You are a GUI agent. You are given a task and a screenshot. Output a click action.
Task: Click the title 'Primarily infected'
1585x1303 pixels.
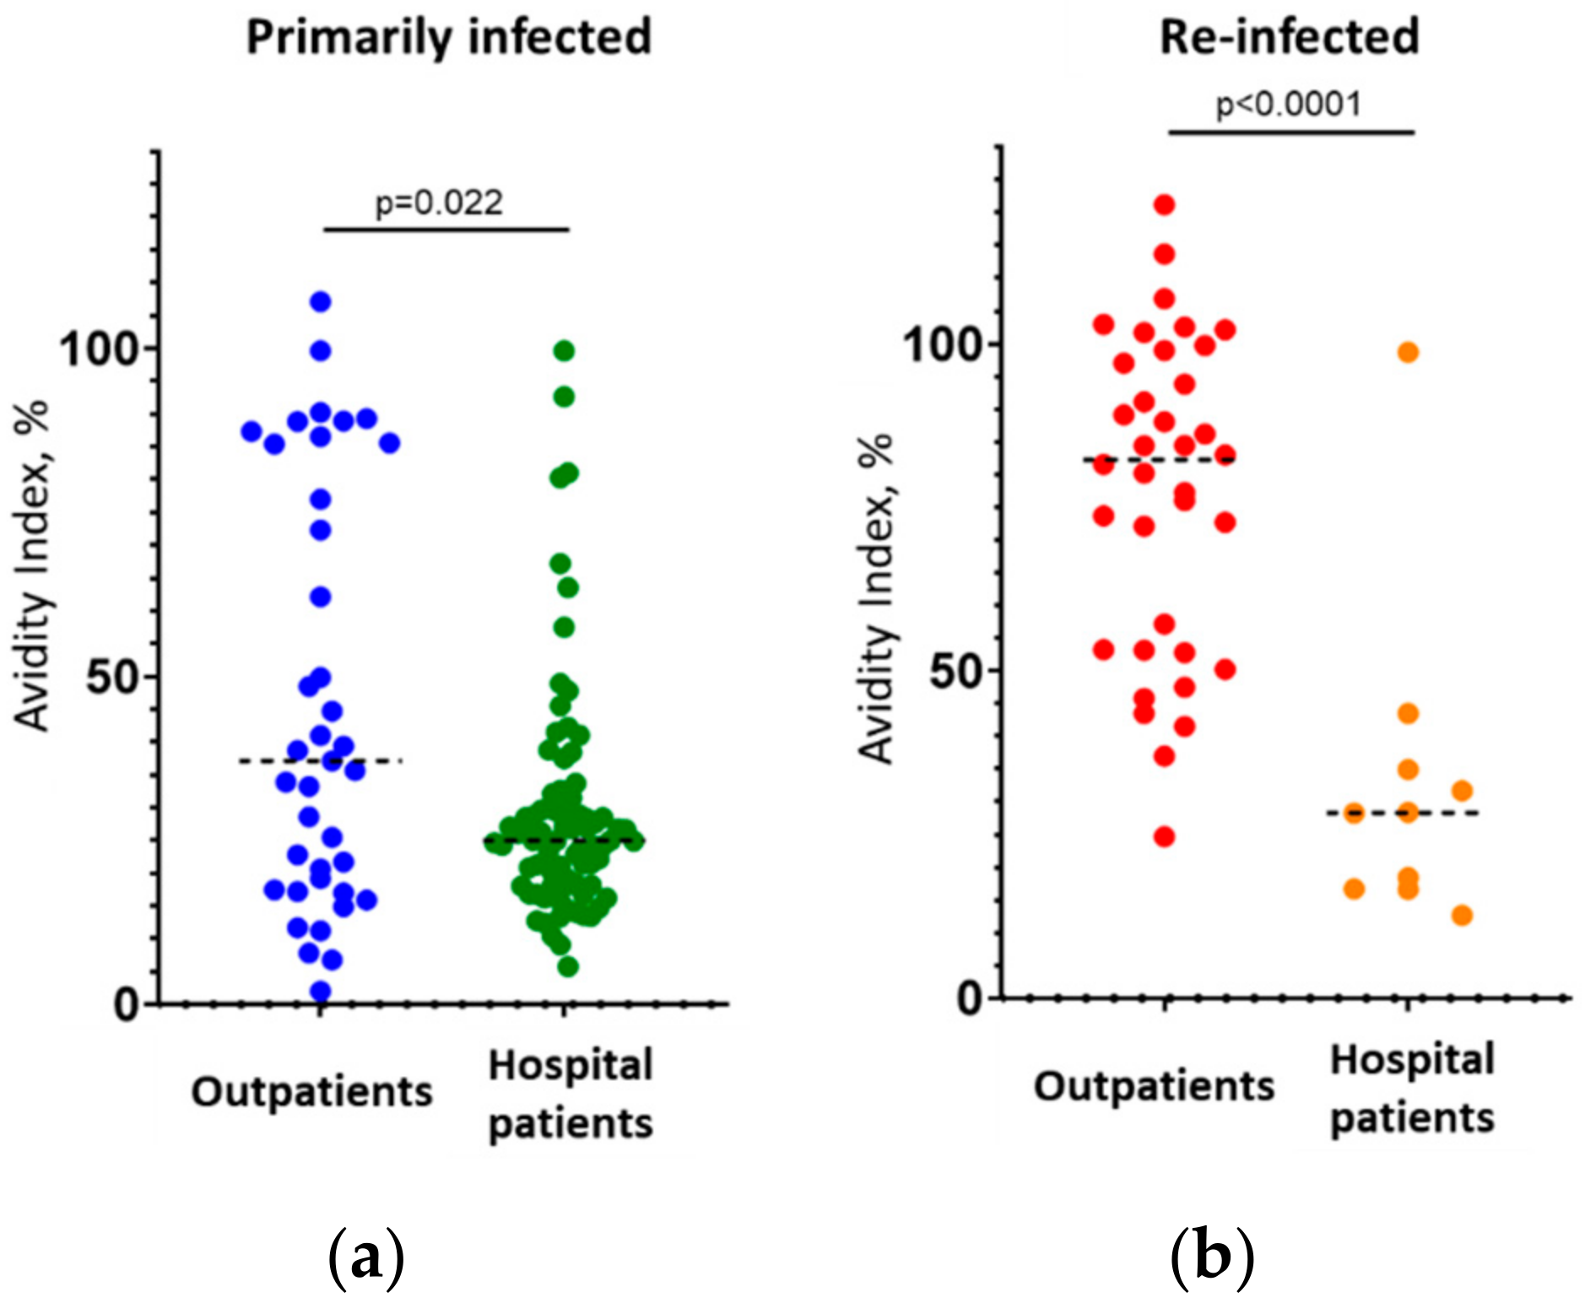pos(448,39)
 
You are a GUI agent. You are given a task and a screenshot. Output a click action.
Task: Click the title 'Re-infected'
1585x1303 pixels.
pos(1289,39)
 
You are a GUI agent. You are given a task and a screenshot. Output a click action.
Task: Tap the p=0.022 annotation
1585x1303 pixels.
pos(439,203)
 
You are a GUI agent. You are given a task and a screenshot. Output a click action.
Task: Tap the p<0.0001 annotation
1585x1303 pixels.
pos(1288,105)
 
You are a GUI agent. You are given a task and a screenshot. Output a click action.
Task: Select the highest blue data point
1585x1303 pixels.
pos(321,301)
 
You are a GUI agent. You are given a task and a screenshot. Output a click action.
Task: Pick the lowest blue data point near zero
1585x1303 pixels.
pos(321,992)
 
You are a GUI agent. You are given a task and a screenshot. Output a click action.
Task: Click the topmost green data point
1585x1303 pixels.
pos(564,350)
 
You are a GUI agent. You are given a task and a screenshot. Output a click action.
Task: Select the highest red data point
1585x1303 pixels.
pos(1165,204)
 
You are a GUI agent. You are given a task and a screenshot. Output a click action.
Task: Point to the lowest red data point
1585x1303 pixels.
pos(1165,836)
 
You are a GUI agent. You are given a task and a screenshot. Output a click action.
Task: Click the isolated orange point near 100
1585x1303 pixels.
pos(1408,352)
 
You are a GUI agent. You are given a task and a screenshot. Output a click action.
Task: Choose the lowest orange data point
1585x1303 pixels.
pos(1463,915)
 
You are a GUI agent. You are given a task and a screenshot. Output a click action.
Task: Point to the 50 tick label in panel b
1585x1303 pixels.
pos(954,672)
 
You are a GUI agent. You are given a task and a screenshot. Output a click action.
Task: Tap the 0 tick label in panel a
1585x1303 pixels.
pos(127,1005)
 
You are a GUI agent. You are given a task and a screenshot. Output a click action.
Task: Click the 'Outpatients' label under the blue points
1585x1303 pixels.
pos(311,1092)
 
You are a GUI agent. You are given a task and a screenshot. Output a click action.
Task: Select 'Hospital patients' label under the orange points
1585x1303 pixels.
pos(1412,1089)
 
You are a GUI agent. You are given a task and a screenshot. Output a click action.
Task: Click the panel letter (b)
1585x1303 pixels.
pos(1212,1258)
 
